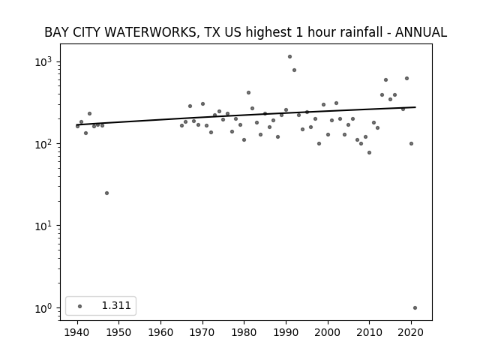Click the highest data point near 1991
point(289,57)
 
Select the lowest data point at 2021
point(415,308)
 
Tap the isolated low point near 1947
point(106,193)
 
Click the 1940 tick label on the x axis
point(77,332)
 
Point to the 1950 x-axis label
point(118,332)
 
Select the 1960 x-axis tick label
point(160,332)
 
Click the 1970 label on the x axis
point(202,332)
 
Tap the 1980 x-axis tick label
point(244,332)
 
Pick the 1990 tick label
point(286,332)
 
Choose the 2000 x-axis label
point(328,332)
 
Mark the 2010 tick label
point(370,332)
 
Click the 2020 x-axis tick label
point(411,332)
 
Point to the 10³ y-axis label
point(45,61)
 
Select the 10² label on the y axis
point(45,143)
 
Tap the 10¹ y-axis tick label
point(45,226)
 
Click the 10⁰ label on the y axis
point(45,308)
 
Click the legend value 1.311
point(116,305)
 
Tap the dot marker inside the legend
point(80,306)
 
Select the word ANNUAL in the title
point(421,32)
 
